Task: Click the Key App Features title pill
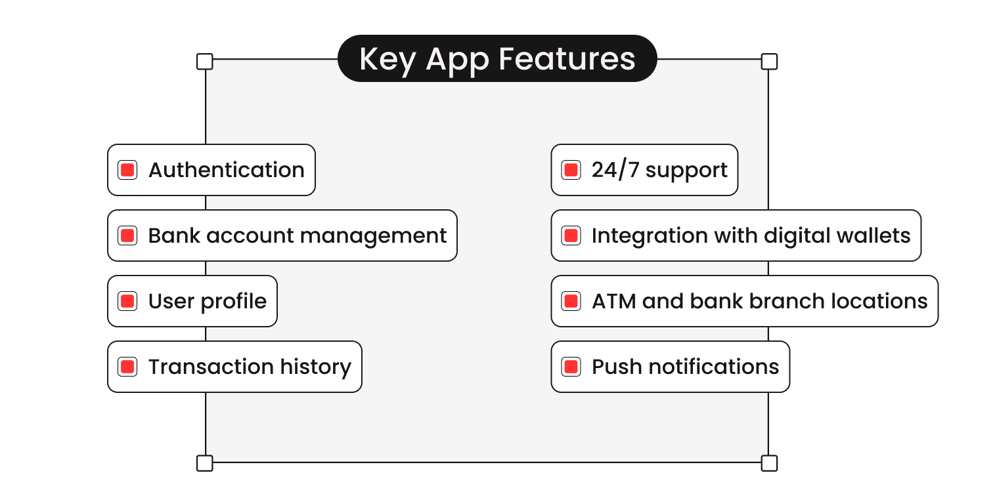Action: [497, 58]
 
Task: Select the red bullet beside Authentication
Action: [127, 170]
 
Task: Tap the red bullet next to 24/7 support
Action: [571, 170]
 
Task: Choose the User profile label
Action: [208, 301]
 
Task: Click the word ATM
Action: [614, 301]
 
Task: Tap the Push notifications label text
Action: [685, 367]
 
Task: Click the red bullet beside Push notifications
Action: [571, 367]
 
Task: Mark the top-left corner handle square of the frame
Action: [205, 62]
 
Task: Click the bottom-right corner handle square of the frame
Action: [769, 463]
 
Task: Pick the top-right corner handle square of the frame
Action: [769, 62]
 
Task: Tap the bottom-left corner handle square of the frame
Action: [205, 463]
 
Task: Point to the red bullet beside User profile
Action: [127, 301]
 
